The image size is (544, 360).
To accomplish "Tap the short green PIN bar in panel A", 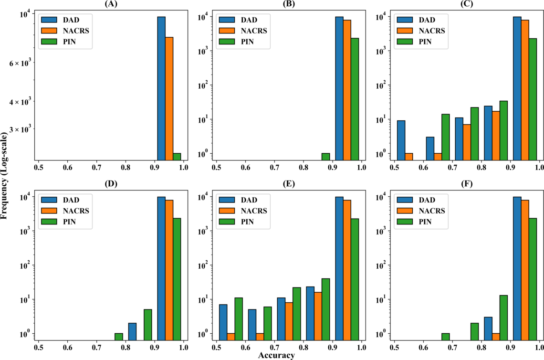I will (x=177, y=157).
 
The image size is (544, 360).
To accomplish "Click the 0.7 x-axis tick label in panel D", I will (x=96, y=347).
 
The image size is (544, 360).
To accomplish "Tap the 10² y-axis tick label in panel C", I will (x=381, y=85).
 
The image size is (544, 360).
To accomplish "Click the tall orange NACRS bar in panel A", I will (x=169, y=98).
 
